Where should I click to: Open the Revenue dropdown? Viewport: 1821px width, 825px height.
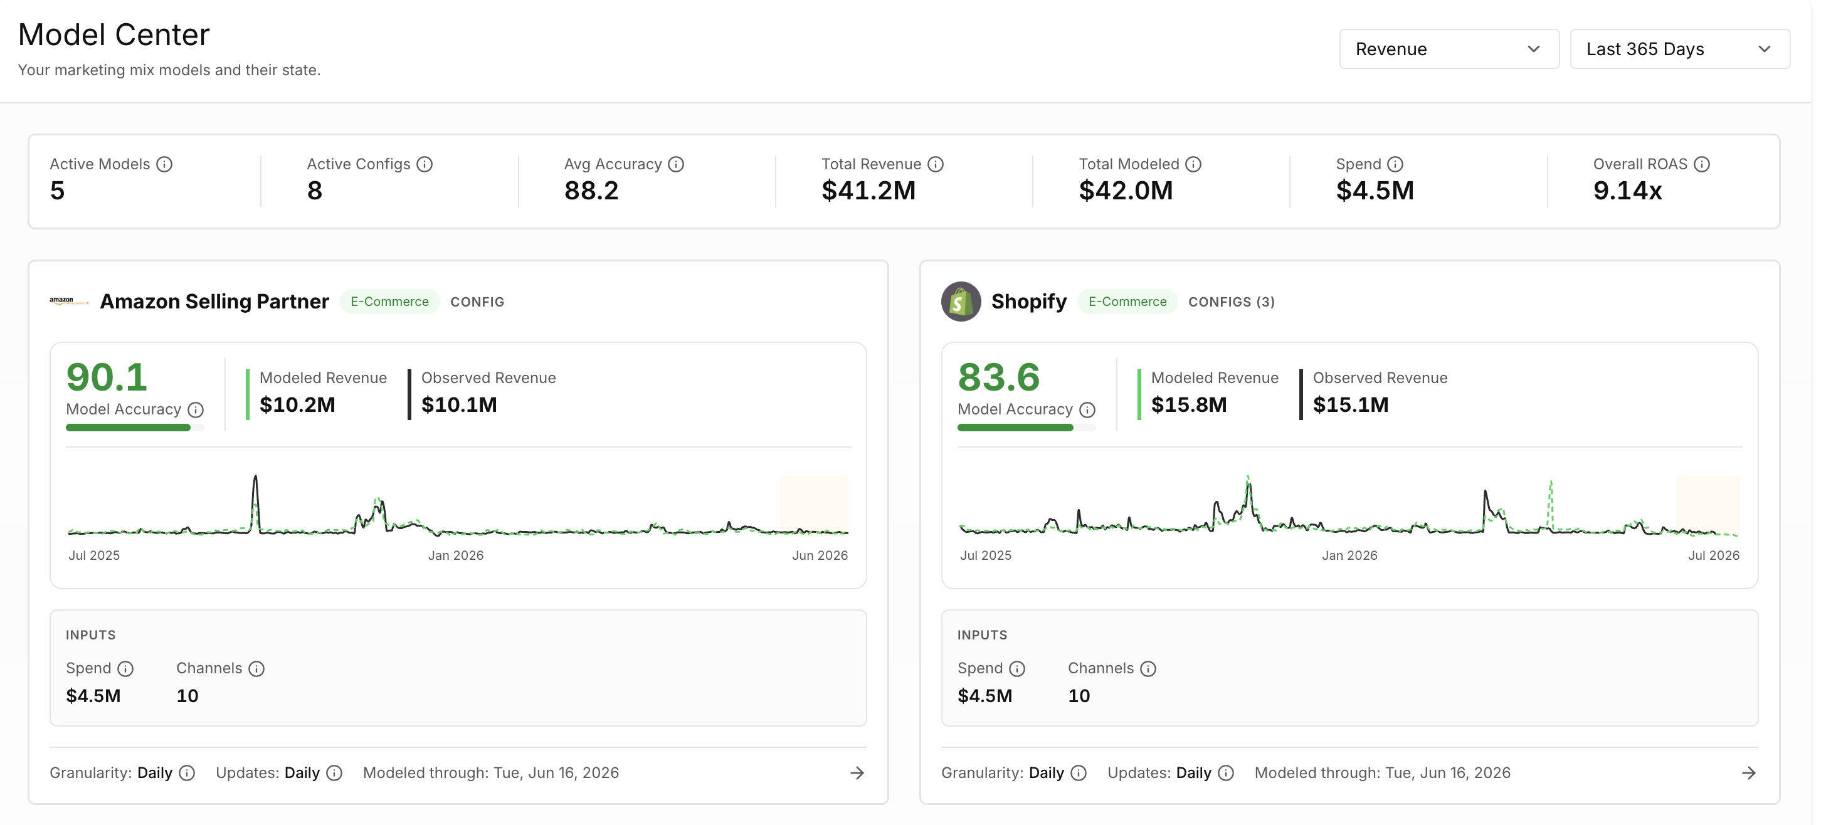point(1449,49)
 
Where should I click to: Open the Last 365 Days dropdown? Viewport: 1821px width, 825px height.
point(1680,49)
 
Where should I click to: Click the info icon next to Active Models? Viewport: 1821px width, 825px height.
point(164,164)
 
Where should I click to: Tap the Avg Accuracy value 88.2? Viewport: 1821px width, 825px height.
point(591,191)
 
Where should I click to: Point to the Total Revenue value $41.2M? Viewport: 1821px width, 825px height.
point(868,191)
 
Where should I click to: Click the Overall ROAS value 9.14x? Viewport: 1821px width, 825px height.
point(1627,191)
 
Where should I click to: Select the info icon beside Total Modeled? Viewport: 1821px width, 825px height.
point(1193,164)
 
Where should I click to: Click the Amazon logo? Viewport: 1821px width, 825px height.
point(68,301)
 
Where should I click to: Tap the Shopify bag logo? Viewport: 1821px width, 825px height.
point(961,301)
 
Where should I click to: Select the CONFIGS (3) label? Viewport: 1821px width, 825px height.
point(1232,302)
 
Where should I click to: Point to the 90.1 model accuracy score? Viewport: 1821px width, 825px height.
point(107,377)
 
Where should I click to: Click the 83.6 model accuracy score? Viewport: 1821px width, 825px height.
point(998,377)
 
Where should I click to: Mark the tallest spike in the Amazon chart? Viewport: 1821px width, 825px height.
point(255,477)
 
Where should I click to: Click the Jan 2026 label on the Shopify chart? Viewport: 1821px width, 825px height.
point(1349,555)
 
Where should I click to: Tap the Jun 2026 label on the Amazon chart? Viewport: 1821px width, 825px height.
point(820,555)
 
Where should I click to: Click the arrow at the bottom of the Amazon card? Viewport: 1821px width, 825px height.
point(857,773)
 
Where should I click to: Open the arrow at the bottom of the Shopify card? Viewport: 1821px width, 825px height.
point(1749,773)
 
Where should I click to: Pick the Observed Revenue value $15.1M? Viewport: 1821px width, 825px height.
point(1350,405)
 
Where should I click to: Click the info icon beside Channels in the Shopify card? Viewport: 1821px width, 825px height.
point(1148,669)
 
